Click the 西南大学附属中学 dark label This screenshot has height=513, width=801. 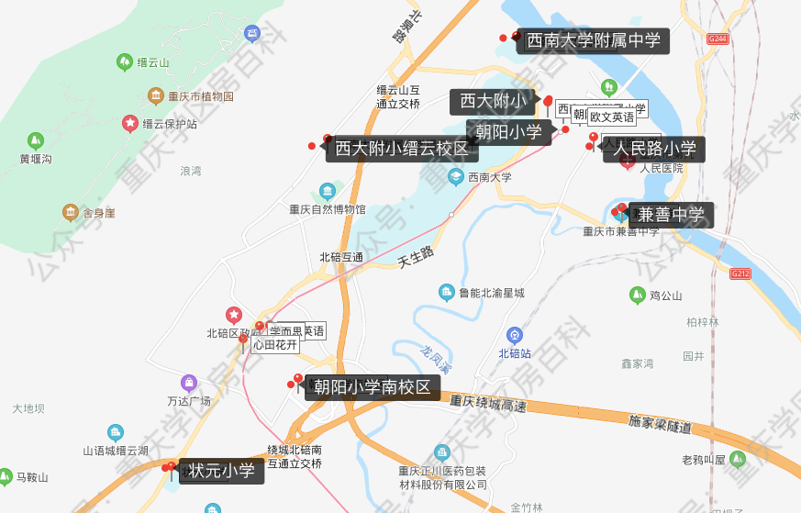click(593, 40)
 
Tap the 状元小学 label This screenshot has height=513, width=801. click(222, 472)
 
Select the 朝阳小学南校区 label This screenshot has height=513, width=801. click(372, 387)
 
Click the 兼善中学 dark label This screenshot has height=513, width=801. click(672, 216)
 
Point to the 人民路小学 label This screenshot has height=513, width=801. click(654, 149)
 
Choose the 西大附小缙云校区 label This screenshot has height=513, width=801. click(401, 149)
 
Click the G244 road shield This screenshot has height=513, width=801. click(718, 39)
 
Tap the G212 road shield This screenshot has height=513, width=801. click(740, 273)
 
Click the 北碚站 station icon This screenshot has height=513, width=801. click(515, 336)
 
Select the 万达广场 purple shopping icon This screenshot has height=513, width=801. click(189, 383)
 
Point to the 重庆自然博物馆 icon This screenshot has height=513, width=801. click(328, 192)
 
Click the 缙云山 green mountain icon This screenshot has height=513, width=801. click(124, 62)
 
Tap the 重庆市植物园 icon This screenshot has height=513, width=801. click(156, 95)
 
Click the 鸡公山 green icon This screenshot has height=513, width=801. click(637, 295)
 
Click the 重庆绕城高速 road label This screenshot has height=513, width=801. click(488, 404)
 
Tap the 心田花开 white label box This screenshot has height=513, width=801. click(275, 345)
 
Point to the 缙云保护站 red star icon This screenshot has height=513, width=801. click(130, 123)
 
